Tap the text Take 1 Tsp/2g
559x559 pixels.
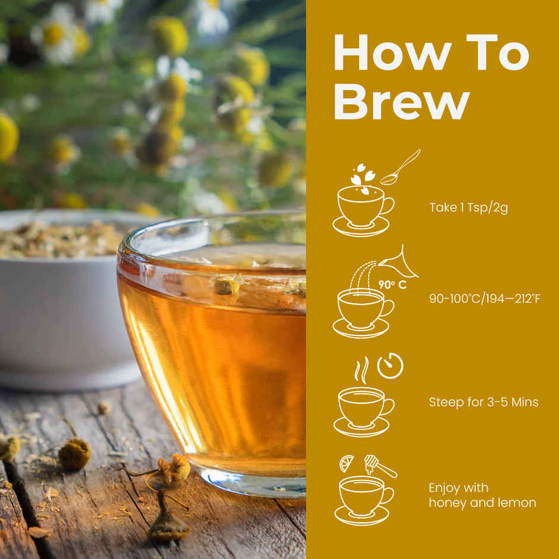coord(469,208)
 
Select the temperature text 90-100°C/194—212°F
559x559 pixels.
coord(485,299)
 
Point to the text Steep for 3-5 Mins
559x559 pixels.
coord(483,402)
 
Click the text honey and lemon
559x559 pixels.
coord(482,503)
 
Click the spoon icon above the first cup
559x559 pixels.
coord(400,168)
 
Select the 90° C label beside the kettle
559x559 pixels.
coord(392,285)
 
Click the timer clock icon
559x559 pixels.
coord(390,366)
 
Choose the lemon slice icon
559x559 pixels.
coord(347,463)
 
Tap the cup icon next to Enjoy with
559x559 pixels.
coord(362,498)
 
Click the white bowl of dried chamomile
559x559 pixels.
coord(59,297)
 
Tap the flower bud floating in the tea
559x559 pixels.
coord(227,287)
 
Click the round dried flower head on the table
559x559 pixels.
coord(74,454)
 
